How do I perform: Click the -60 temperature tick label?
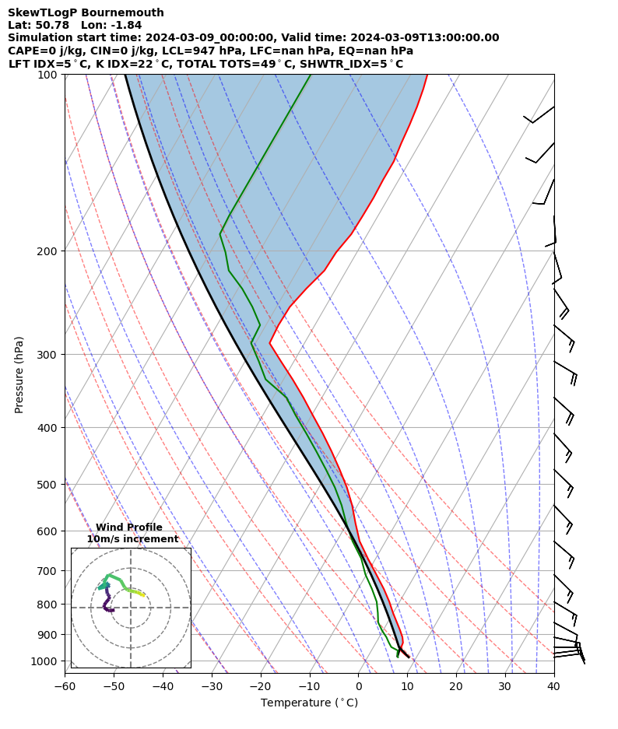coord(65,685)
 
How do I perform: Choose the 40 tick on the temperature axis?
coord(553,685)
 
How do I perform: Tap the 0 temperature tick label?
coord(358,685)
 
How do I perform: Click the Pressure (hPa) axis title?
coord(19,374)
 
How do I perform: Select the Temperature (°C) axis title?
coord(309,703)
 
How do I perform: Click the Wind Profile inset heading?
coord(129,527)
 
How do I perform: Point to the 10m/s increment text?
coord(132,539)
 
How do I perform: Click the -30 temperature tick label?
coord(212,685)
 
